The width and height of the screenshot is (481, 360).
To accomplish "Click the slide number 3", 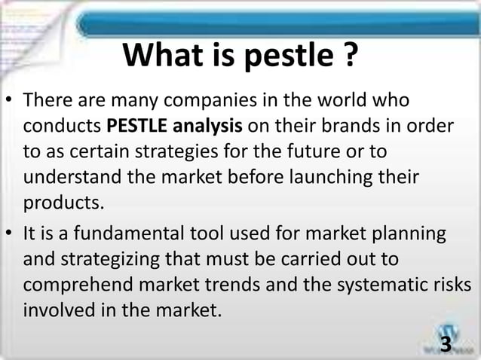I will point(445,344).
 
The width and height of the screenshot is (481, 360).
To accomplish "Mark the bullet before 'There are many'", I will point(11,101).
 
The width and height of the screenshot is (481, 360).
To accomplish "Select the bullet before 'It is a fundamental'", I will point(11,235).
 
